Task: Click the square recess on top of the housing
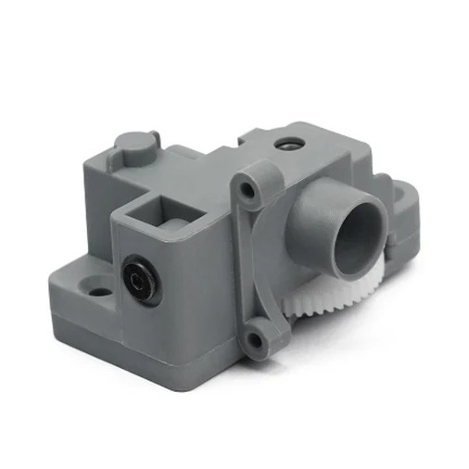[x=148, y=210]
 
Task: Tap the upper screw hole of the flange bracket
[x=247, y=192]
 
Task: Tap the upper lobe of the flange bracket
[x=252, y=181]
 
